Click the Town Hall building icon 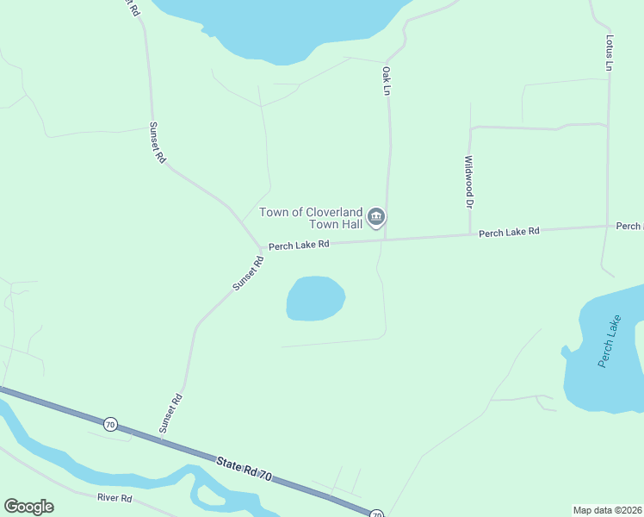tap(375, 217)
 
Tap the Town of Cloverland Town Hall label tap(311, 218)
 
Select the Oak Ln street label tap(387, 81)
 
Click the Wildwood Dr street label tap(469, 182)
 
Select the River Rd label tap(115, 498)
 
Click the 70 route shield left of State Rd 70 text tap(109, 424)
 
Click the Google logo tap(28, 507)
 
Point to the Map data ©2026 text tap(608, 510)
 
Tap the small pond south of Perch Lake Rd tap(315, 298)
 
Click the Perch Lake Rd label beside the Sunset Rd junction tap(299, 245)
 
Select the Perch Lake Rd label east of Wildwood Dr tap(509, 232)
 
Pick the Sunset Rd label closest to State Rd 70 tap(171, 413)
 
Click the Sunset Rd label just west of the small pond tap(247, 273)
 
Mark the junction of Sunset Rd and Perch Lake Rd tap(260, 247)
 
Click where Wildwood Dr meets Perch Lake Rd tap(470, 235)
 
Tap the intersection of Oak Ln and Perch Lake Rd tap(385, 240)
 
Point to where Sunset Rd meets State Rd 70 tap(162, 440)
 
